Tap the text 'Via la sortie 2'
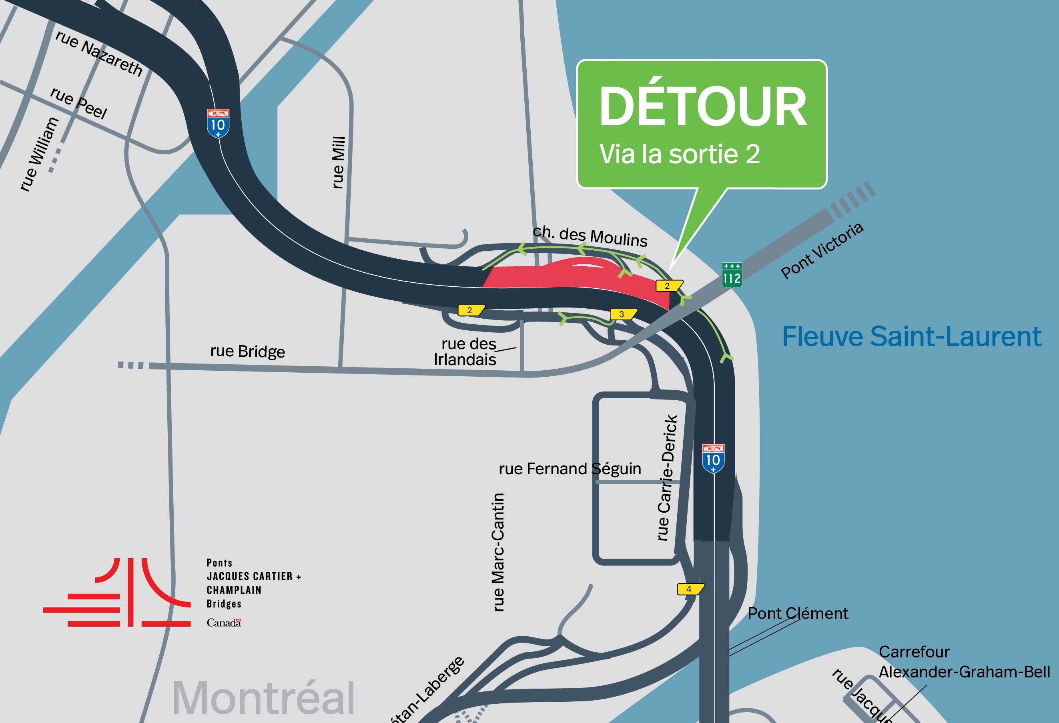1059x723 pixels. coord(679,154)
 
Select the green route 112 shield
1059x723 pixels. coord(731,275)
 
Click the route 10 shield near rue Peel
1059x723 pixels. coord(218,124)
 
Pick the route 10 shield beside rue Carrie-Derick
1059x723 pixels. coord(713,459)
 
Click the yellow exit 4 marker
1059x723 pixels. coord(690,589)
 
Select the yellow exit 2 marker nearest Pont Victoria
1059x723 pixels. coord(668,286)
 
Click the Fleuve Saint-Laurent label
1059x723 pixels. coord(911,336)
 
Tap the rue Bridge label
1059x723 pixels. coord(247,351)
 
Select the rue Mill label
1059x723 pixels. coord(338,162)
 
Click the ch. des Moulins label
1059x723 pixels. coord(590,236)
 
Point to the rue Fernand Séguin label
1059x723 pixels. coord(570,469)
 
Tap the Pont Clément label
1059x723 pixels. coord(797,613)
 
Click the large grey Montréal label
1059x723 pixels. coord(263,697)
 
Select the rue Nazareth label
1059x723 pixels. coord(99,53)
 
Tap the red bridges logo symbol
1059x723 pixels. coord(117,592)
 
